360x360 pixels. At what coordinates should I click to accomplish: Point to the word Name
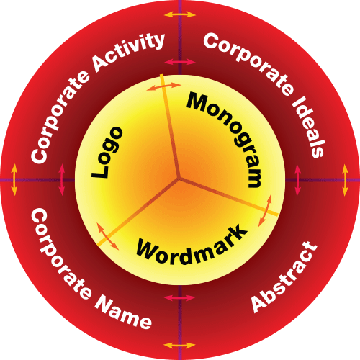tap(123, 314)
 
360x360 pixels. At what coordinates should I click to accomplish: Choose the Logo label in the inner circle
tap(107, 153)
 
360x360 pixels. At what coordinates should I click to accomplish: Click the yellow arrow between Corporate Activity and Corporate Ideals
tap(180, 14)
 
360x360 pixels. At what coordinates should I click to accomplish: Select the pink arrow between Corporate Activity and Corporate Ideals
tap(180, 62)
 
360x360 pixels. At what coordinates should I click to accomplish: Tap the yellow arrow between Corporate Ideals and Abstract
tap(346, 180)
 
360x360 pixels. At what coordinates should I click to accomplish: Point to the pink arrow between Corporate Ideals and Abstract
tap(297, 180)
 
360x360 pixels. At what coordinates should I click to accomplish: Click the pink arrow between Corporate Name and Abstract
tap(180, 298)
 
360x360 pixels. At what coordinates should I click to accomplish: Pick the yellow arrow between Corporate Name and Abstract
tap(180, 346)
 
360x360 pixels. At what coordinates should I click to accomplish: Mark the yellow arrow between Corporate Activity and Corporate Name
tap(14, 180)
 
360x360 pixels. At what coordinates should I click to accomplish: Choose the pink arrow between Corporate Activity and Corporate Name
tap(62, 180)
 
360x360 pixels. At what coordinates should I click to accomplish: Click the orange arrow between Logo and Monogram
tap(163, 86)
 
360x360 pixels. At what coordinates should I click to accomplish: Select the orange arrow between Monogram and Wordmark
tap(265, 211)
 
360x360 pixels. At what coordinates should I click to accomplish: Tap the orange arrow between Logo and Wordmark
tap(107, 236)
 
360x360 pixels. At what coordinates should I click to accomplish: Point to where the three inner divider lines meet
tap(179, 178)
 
